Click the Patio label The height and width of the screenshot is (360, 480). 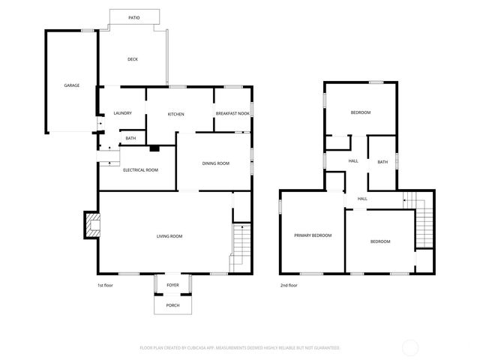pos(133,16)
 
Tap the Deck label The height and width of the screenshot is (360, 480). pos(132,59)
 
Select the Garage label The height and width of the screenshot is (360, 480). pos(71,85)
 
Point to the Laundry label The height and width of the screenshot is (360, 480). pos(122,113)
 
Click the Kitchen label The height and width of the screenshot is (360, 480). pos(175,114)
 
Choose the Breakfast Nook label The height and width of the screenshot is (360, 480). pos(232,113)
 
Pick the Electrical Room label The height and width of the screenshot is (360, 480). pos(140,170)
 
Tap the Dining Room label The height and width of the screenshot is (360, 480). pos(215,163)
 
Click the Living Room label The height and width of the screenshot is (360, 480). pos(169,236)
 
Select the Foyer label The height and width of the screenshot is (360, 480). pos(172,285)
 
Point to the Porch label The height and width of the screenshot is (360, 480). pos(172,306)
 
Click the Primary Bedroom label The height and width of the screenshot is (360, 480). pos(312,235)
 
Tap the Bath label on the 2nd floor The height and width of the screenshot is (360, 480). pos(382,162)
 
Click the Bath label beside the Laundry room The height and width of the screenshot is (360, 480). pos(130,138)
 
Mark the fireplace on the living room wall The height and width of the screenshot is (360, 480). pos(91,226)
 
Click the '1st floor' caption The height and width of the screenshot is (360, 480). pos(106,286)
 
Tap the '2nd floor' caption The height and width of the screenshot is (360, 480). pos(289,286)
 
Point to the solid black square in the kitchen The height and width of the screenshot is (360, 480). pos(154,148)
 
